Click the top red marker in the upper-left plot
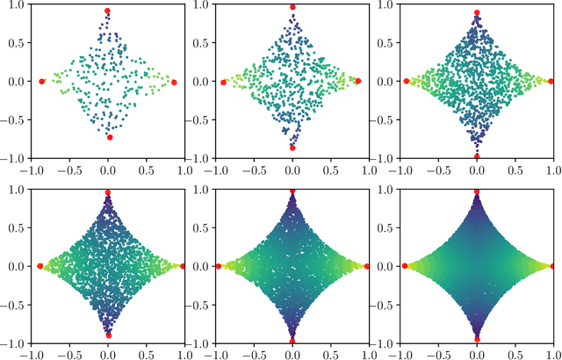[x=108, y=11]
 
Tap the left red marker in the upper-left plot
[x=42, y=81]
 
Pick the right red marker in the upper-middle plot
[x=358, y=81]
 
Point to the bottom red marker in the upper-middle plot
[x=292, y=148]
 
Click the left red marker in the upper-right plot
[x=406, y=81]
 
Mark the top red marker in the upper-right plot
[x=477, y=13]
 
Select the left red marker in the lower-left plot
[x=40, y=265]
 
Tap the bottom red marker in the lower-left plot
[x=108, y=335]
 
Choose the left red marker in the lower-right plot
[x=405, y=265]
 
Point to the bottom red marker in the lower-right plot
[x=477, y=338]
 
